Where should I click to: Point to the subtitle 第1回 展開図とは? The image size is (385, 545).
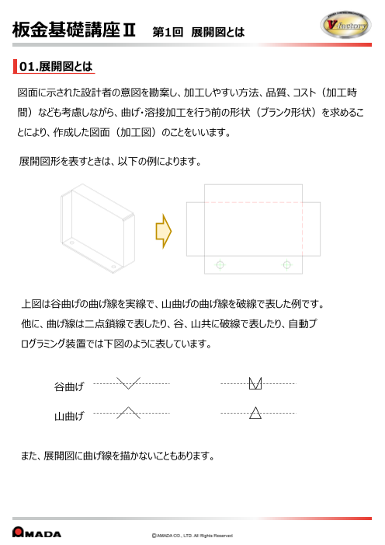(199, 32)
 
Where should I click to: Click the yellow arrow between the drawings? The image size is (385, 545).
(163, 230)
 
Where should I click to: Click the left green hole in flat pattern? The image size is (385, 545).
(220, 265)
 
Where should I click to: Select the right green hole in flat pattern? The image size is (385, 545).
(288, 265)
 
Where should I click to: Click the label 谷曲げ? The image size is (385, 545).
(69, 386)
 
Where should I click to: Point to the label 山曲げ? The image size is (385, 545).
(69, 417)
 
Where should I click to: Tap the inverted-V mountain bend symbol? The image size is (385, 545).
(128, 412)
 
